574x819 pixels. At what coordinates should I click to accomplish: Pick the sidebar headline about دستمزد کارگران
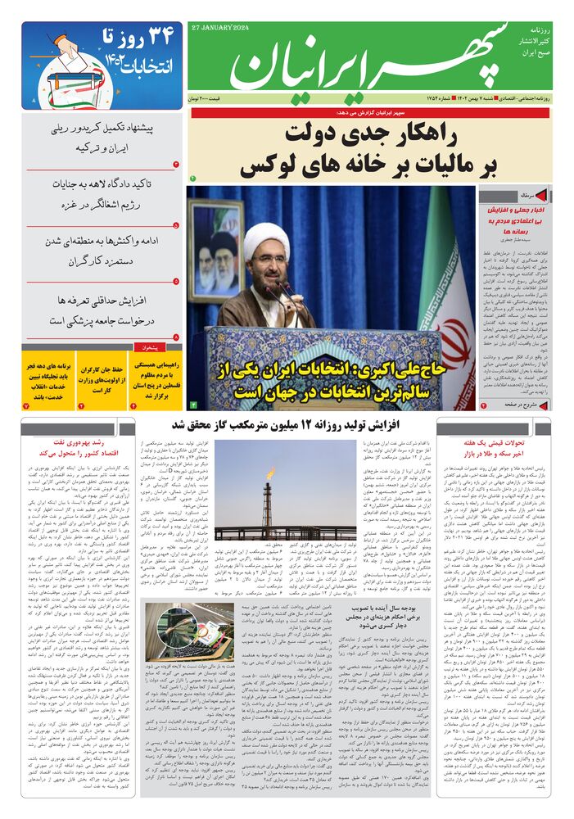pyautogui.click(x=102, y=251)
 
